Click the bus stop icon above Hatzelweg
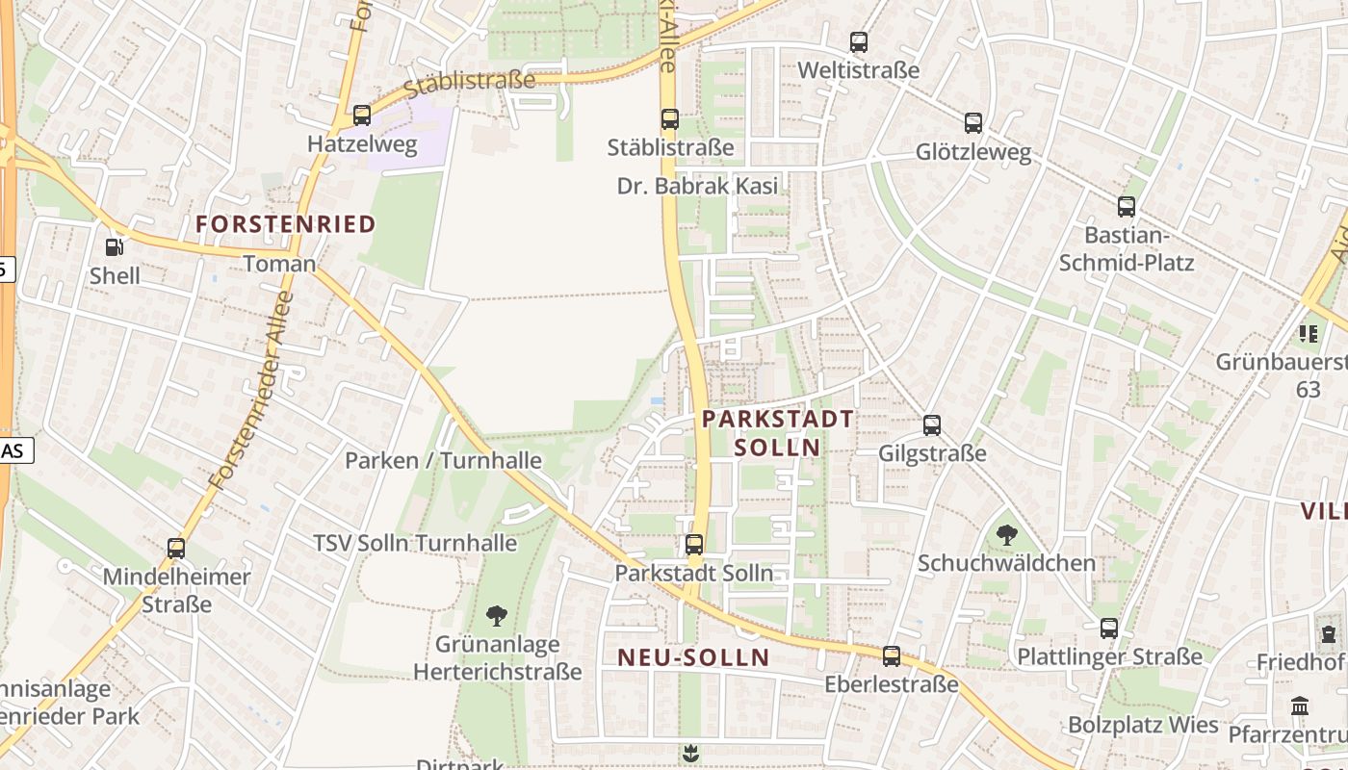click(x=362, y=115)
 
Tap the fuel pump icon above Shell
click(x=114, y=247)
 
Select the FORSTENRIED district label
click(x=286, y=224)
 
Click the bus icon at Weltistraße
click(x=859, y=42)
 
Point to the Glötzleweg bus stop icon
click(x=973, y=123)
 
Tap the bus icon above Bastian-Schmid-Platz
click(x=1127, y=206)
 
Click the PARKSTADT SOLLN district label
click(x=778, y=433)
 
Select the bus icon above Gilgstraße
click(x=932, y=425)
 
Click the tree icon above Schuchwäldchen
click(x=1007, y=534)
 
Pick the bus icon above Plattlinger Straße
click(x=1109, y=629)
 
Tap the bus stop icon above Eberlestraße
click(x=892, y=656)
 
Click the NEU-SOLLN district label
click(x=693, y=657)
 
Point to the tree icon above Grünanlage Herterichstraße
click(x=497, y=615)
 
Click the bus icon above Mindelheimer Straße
click(x=176, y=549)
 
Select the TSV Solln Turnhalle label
click(x=415, y=543)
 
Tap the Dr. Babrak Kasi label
click(x=697, y=186)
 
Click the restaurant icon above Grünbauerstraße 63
click(x=1308, y=334)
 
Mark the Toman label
click(x=279, y=264)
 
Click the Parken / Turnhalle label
click(x=443, y=460)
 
